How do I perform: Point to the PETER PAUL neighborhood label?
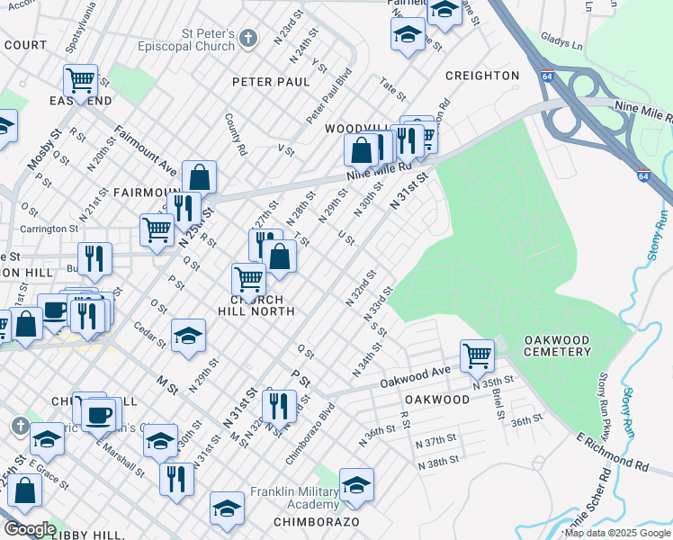(x=271, y=82)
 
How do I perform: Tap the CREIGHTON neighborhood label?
(x=482, y=76)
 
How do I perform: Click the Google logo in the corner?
(x=30, y=528)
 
